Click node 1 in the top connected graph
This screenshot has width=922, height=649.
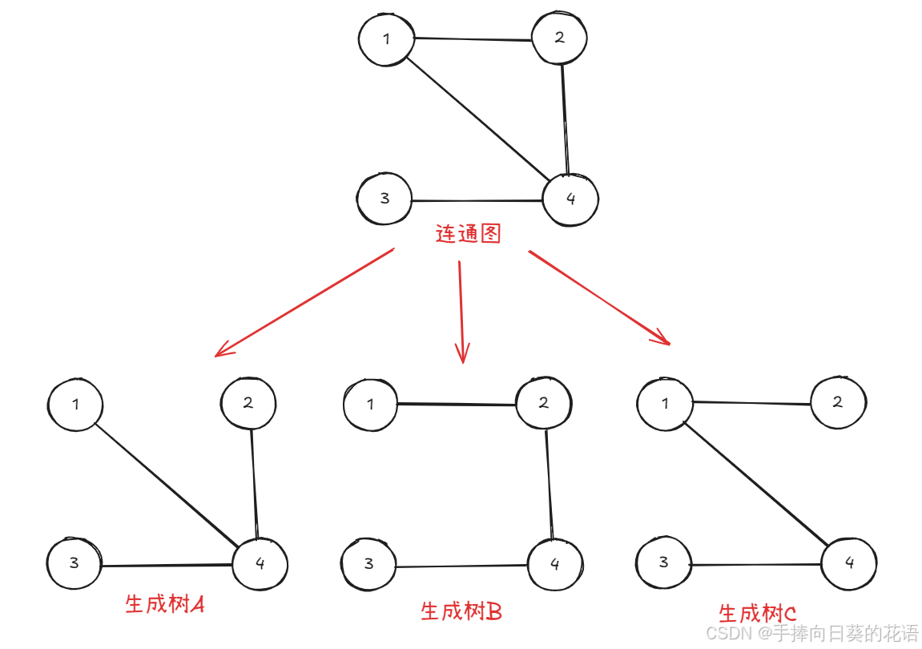[x=387, y=39]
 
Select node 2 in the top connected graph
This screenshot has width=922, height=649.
[x=559, y=38]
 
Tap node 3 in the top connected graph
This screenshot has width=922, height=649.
[x=385, y=198]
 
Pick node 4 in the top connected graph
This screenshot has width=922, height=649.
[x=570, y=199]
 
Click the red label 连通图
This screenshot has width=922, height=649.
[x=468, y=234]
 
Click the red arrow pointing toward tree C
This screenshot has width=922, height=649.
[x=599, y=297]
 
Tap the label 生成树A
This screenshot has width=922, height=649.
[x=165, y=604]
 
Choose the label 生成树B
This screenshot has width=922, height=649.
[x=461, y=611]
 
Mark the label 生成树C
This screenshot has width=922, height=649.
[x=757, y=614]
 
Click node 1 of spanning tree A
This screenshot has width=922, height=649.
[x=75, y=404]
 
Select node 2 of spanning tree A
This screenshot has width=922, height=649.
[x=248, y=403]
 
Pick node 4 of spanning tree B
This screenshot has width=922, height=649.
[x=555, y=564]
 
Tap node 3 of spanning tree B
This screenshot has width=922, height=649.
[x=368, y=563]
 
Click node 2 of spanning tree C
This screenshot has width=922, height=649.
[x=838, y=402]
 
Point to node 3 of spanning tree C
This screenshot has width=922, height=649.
[x=663, y=562]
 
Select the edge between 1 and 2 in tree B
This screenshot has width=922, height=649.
[x=457, y=405]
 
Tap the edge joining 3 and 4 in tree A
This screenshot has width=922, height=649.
[x=167, y=565]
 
